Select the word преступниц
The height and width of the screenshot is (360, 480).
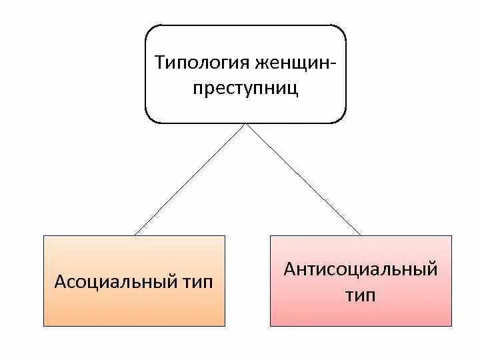[246, 89]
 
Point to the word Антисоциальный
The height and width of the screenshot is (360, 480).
[361, 270]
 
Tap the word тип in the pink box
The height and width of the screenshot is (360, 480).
[361, 295]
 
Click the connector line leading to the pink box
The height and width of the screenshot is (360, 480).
[303, 180]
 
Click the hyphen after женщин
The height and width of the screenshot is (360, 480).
[333, 64]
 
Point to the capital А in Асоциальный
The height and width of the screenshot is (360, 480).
[59, 281]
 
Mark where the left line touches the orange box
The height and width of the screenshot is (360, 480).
[135, 235]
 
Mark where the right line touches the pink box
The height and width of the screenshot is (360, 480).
[361, 235]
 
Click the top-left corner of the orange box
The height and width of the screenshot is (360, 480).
[44, 236]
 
